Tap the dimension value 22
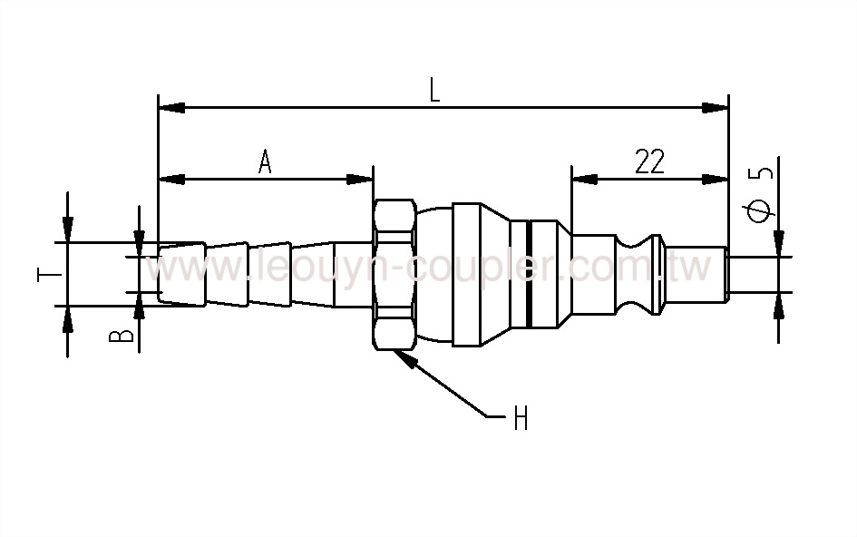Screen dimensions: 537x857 coord(649,161)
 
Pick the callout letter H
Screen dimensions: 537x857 coord(521,419)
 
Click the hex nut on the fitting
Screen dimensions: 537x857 coord(394,274)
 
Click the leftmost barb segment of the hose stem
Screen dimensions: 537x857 coord(181,274)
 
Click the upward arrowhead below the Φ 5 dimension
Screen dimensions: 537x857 coord(778,305)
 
